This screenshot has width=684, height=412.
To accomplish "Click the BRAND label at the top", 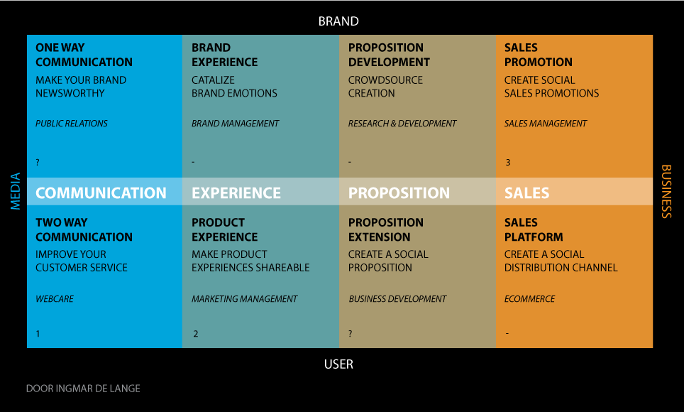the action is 338,21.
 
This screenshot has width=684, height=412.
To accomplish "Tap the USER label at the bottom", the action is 338,364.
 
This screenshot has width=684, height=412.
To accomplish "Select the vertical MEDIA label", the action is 16,191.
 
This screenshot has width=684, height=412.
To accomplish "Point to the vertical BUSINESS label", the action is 666,191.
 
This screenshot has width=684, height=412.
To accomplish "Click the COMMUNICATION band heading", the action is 101,193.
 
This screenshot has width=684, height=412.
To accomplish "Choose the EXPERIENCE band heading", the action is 236,193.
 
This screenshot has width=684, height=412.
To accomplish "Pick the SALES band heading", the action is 526,193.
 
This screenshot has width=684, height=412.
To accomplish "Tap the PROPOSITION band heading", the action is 399,193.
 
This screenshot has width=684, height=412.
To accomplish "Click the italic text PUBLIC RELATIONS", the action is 72,124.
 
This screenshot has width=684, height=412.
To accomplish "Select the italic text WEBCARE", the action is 55,299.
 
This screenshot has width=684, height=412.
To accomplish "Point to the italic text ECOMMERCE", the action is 529,299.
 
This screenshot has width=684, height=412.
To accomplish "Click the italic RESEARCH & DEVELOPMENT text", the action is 402,124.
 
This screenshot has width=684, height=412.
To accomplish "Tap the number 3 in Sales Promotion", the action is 508,163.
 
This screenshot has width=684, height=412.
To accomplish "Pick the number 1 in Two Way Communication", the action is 38,334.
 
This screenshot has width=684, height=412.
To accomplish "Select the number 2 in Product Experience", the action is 195,334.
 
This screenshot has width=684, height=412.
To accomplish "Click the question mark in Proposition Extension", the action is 351,334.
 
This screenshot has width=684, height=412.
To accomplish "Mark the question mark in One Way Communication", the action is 38,163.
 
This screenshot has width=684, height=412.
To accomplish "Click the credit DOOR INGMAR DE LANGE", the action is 83,389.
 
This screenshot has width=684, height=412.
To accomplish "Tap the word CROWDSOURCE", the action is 385,80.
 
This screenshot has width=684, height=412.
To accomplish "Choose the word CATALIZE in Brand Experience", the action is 214,80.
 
